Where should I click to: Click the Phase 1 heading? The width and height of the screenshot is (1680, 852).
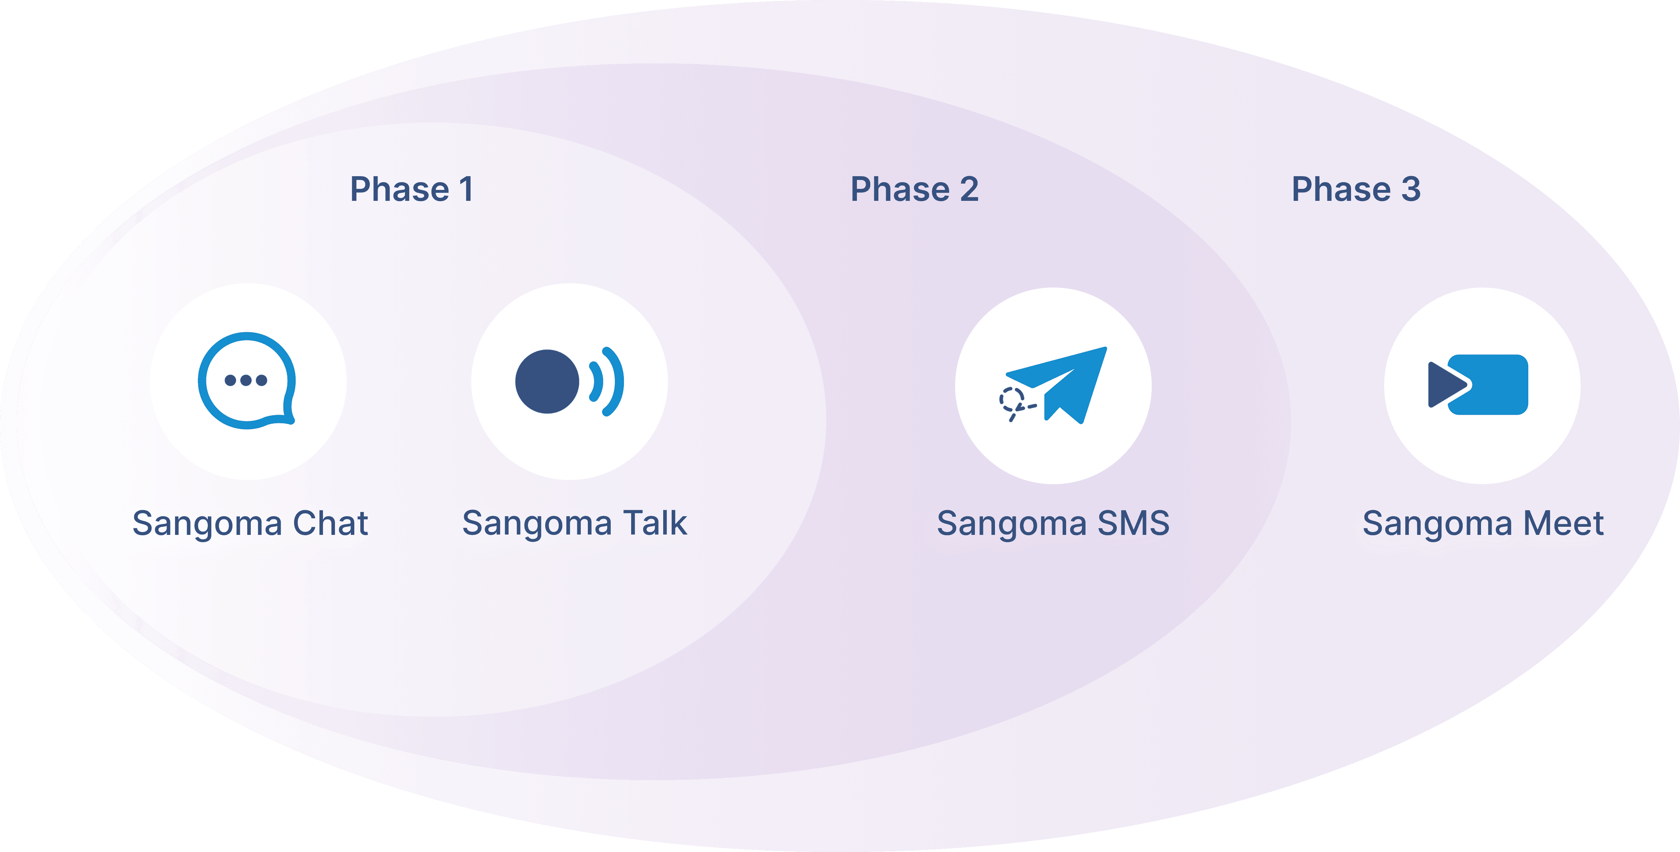pos(411,189)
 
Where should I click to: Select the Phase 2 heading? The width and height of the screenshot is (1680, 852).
pos(914,189)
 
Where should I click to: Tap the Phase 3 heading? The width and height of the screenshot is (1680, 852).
pos(1356,189)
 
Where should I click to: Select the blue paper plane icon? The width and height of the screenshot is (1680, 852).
pos(1063,382)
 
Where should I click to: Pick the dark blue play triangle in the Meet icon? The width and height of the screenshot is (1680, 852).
pos(1445,385)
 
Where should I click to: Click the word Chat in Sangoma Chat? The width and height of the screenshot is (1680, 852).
pos(331,523)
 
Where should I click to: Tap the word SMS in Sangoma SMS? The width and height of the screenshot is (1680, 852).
pos(1133,523)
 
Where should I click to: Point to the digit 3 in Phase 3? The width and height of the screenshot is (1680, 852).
pos(1411,189)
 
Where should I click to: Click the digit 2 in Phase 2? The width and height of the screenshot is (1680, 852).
pos(969,189)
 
